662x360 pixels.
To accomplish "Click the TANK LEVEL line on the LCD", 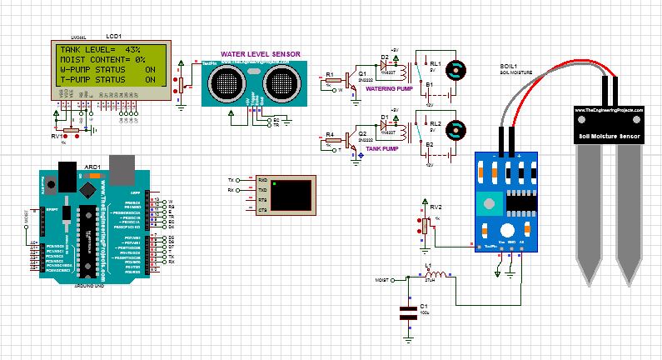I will [x=100, y=50].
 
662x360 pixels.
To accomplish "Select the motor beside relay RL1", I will [x=455, y=70].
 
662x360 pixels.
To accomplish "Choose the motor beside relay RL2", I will [x=455, y=130].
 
